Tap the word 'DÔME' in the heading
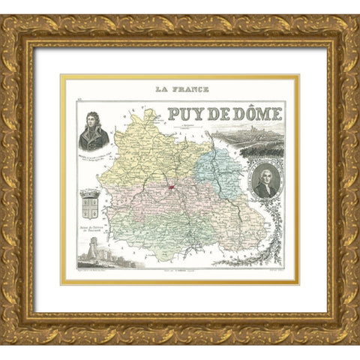coord(256,114)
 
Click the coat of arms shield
coord(90,203)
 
